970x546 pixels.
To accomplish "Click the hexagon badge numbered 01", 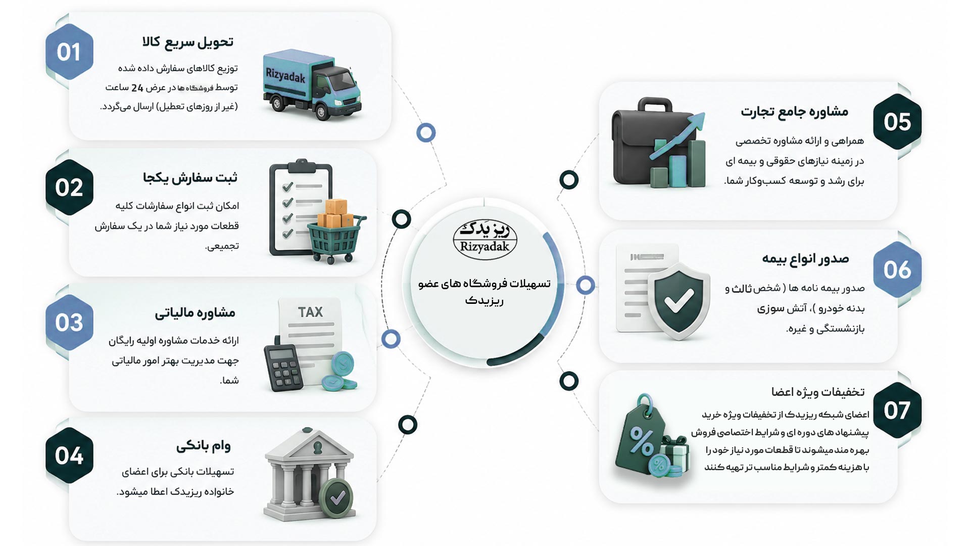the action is point(69,52).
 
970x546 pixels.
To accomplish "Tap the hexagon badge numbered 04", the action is point(69,455).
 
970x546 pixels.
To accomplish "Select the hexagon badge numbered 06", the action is point(897,269).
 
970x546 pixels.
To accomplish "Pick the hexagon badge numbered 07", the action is point(897,409).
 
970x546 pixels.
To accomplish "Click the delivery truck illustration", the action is point(312,84).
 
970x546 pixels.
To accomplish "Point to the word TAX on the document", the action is point(310,312).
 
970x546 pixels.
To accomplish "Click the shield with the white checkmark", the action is point(678,301).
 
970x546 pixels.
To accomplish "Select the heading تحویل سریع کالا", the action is point(188,42).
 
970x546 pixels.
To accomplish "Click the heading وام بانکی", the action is point(203,446).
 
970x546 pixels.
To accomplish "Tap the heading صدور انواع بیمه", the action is point(805,259).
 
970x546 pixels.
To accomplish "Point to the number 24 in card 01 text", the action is point(137,88).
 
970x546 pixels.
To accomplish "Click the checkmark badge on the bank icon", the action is point(337,497).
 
